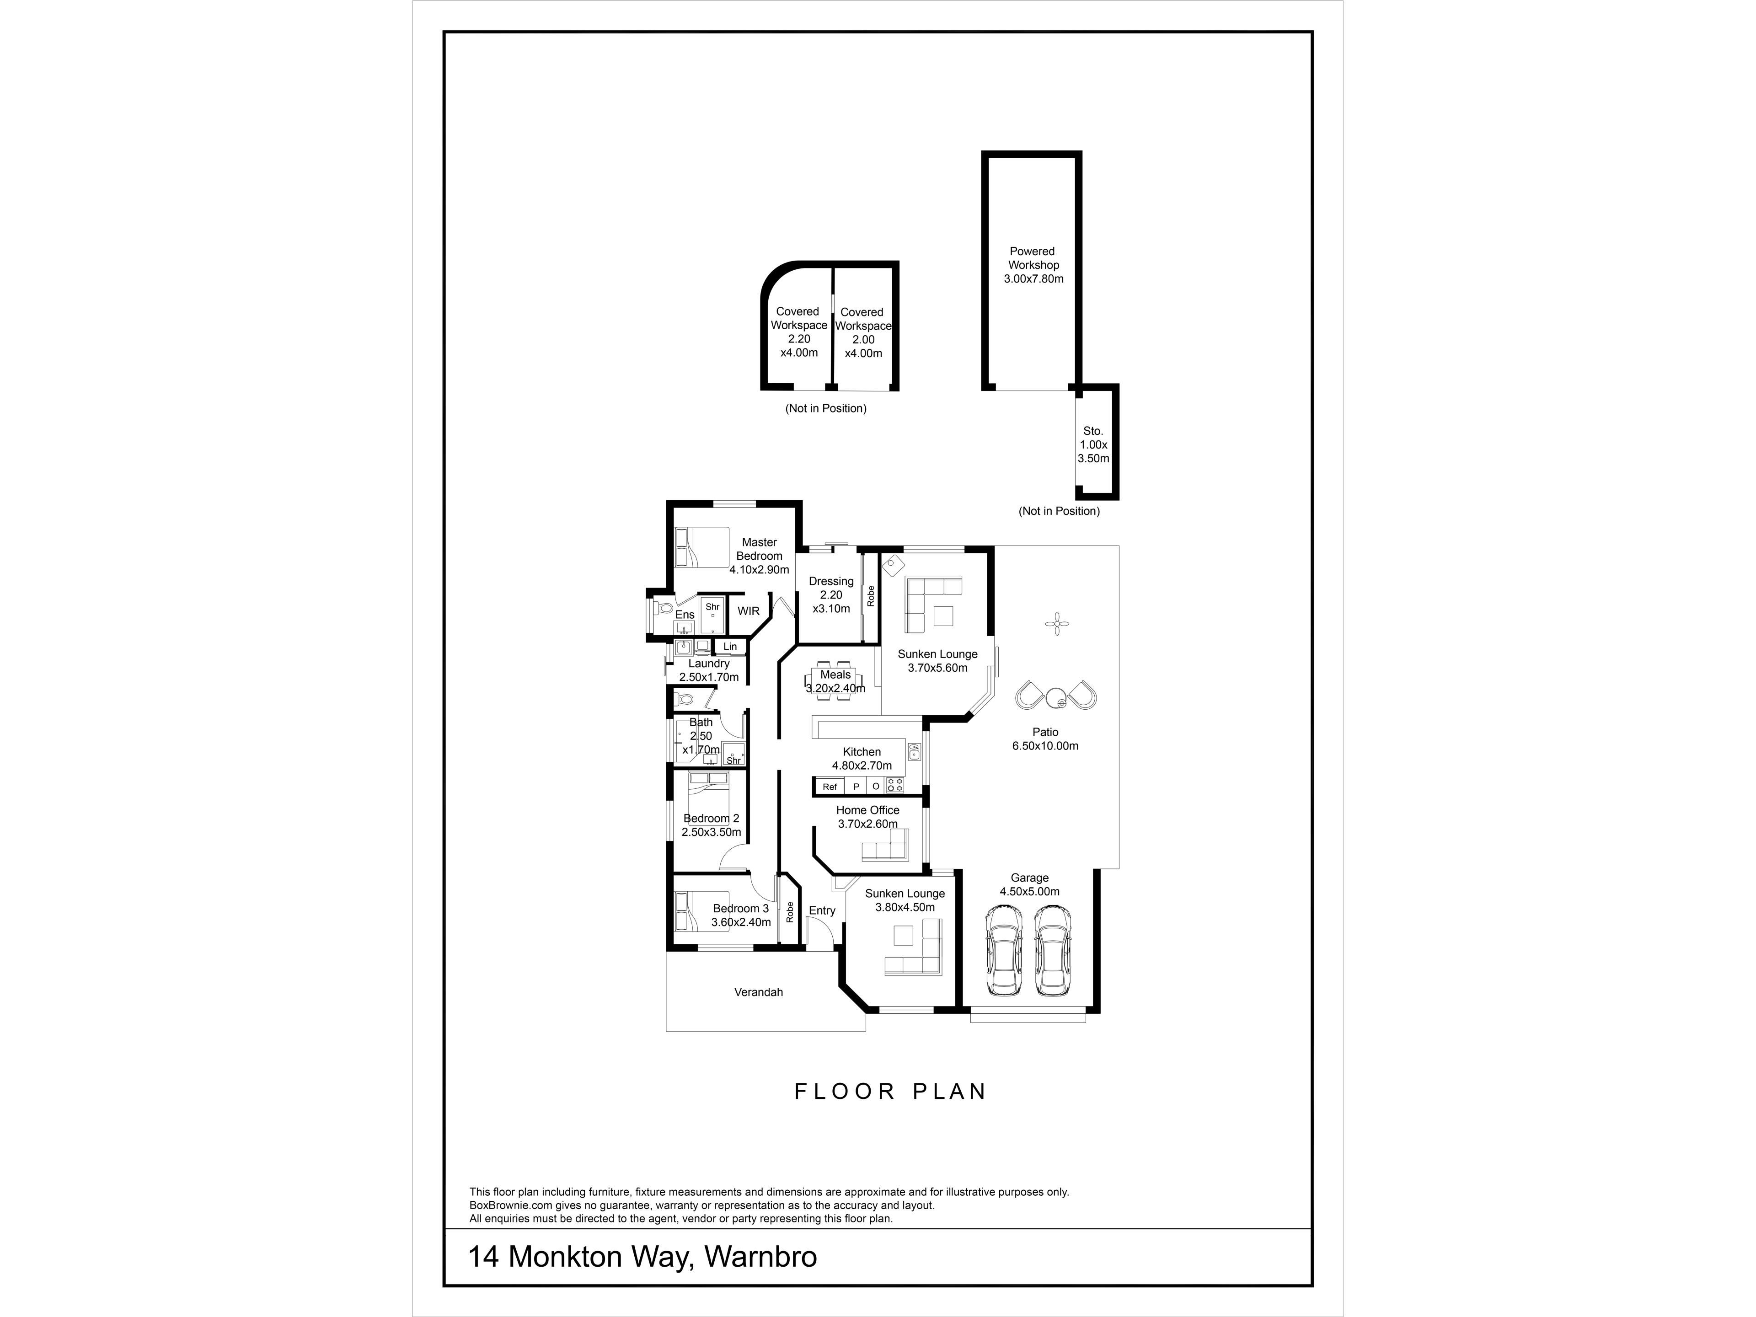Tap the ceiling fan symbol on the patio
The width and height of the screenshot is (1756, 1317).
(1057, 623)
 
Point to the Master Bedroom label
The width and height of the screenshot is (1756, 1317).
(759, 556)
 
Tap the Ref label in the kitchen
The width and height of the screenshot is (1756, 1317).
(830, 787)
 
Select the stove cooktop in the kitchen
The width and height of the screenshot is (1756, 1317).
(894, 785)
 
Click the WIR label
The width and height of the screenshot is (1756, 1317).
(749, 611)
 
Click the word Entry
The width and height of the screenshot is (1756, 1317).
(822, 910)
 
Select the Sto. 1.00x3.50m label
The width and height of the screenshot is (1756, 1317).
(1093, 444)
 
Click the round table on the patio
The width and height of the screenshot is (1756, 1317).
(1056, 698)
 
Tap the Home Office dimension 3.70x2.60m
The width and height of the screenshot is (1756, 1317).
(867, 824)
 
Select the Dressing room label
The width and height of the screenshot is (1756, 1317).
(831, 594)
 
